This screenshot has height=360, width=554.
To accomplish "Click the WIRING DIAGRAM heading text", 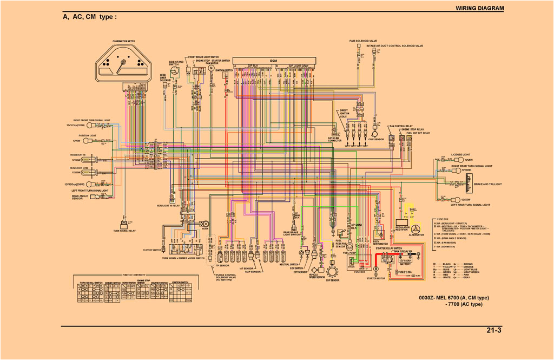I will (x=479, y=8).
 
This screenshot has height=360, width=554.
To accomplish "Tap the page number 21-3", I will (x=494, y=330).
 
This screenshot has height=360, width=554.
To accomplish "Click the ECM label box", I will (x=274, y=61).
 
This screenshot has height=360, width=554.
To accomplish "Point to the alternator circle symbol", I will (x=417, y=227).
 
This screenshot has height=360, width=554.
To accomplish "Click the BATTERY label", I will (x=405, y=264).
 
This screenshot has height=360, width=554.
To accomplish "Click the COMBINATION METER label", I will (x=124, y=41).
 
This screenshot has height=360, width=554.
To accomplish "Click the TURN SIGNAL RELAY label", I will (x=124, y=231).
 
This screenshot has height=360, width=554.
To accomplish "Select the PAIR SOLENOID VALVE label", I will (x=363, y=41).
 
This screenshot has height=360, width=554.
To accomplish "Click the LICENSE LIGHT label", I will (x=460, y=154).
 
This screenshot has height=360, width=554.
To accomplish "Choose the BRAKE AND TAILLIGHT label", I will (x=487, y=184).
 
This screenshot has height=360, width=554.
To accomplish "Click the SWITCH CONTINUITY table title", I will (x=134, y=274).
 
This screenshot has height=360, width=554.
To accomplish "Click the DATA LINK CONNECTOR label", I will (x=335, y=140).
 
